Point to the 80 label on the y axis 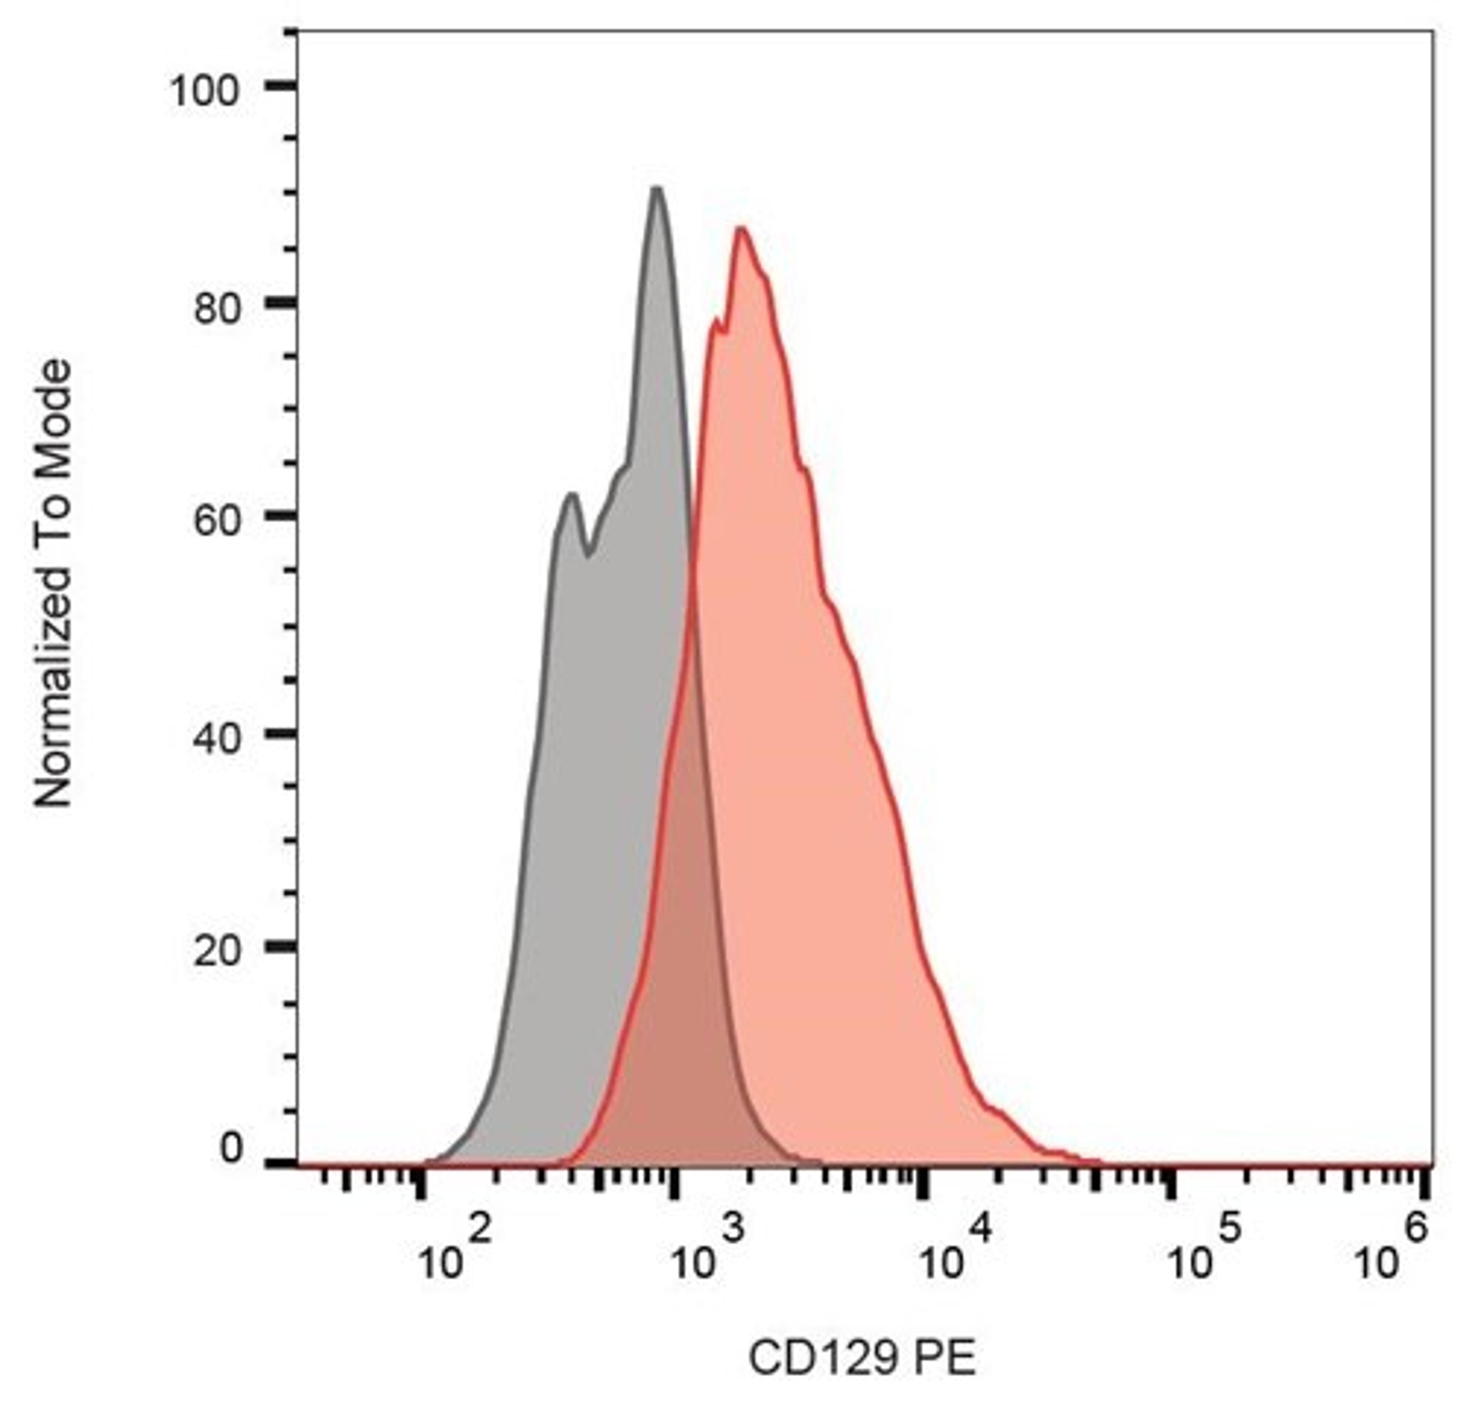tap(219, 308)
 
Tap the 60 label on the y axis tap(219, 521)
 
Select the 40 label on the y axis tap(219, 738)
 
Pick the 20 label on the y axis tap(219, 951)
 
